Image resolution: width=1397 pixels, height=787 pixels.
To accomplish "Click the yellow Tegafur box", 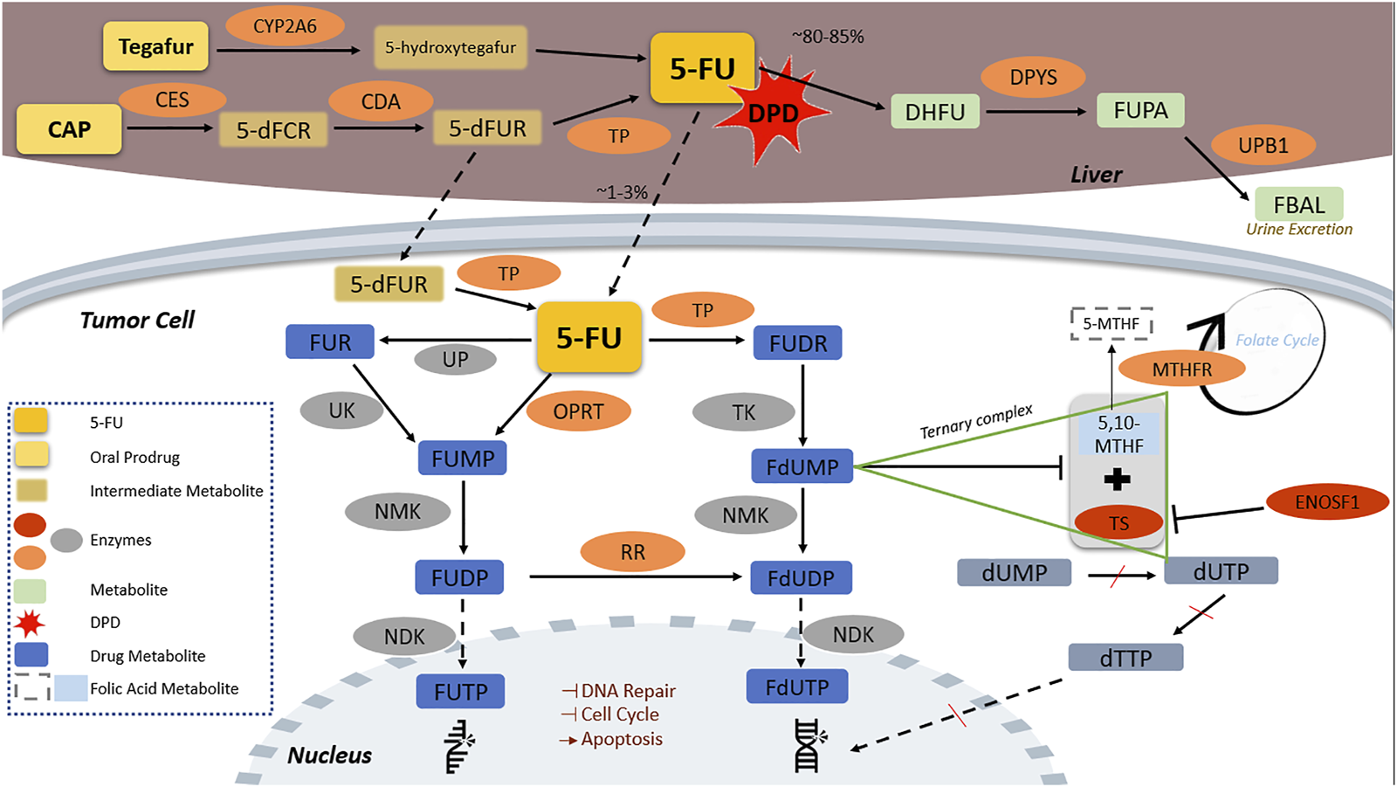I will coord(155,46).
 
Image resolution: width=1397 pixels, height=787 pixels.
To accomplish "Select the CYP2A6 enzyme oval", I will coord(285,27).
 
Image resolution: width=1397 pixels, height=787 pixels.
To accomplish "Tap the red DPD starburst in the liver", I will coord(772,113).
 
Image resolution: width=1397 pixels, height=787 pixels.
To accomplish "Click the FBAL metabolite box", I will coord(1298,204).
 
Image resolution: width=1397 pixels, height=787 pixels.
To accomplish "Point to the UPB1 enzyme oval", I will coord(1263,145).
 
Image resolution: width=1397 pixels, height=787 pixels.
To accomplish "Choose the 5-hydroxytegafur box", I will coord(451,48).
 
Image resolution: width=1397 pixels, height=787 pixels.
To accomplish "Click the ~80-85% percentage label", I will coord(828,37).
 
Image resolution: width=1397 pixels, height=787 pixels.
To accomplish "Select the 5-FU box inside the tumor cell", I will coord(588,338).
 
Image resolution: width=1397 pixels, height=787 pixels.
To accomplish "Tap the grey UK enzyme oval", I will coord(341,411).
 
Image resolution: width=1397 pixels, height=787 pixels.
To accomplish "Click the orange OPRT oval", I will coord(578,411).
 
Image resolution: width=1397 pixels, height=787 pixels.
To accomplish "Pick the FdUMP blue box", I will coord(802,467).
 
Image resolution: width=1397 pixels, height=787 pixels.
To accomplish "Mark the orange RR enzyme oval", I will coord(632,552).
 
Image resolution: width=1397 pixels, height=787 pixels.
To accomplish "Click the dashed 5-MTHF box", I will coord(1111,324).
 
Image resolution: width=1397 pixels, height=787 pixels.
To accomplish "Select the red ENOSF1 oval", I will coord(1326,502).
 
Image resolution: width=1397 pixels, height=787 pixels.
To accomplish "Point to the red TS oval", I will coord(1118,523).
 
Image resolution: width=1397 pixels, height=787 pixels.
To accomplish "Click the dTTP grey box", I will coord(1125,658).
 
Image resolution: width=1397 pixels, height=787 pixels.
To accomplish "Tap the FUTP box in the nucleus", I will coord(460,692).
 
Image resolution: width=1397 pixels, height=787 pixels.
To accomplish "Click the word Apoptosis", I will coord(622,739).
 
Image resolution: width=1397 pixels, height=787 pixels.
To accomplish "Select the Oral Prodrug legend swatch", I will coord(31,456).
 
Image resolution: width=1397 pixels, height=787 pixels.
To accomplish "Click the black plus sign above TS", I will coord(1117,479).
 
